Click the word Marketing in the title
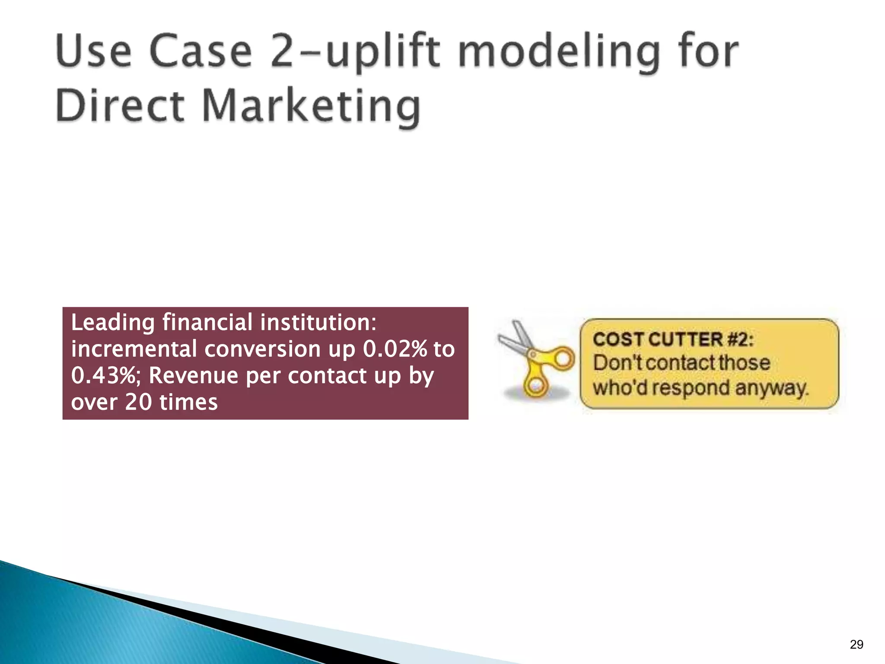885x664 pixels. point(311,106)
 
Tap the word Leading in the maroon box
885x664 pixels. point(113,323)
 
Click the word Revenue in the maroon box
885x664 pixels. point(193,375)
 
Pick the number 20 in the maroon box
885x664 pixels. point(138,402)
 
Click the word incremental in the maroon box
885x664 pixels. point(134,349)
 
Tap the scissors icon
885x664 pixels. point(536,359)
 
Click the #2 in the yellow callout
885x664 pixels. point(740,339)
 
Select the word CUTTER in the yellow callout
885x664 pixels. point(685,339)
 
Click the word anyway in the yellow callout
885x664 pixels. point(771,388)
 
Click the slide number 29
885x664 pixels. point(856,645)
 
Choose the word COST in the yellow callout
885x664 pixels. point(619,339)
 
